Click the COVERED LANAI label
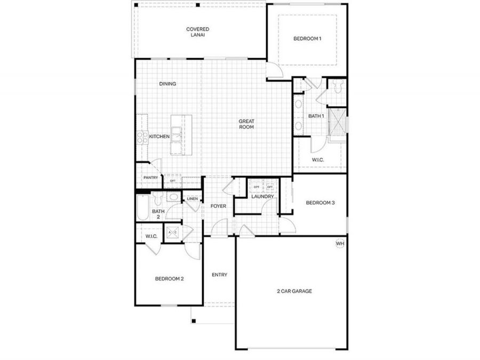click(x=197, y=32)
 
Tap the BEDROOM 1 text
click(x=307, y=39)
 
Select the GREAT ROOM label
click(x=246, y=124)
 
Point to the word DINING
click(x=167, y=84)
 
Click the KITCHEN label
click(x=159, y=137)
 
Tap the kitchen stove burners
click(x=142, y=138)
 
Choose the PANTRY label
click(x=150, y=178)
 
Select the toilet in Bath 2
click(x=157, y=199)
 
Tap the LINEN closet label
click(x=192, y=199)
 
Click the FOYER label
click(x=218, y=206)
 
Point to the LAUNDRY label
click(x=262, y=196)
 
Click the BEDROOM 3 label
click(x=320, y=203)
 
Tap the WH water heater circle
click(x=340, y=244)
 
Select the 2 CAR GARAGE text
click(x=294, y=291)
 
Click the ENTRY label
click(x=219, y=275)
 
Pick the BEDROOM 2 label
click(x=169, y=278)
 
